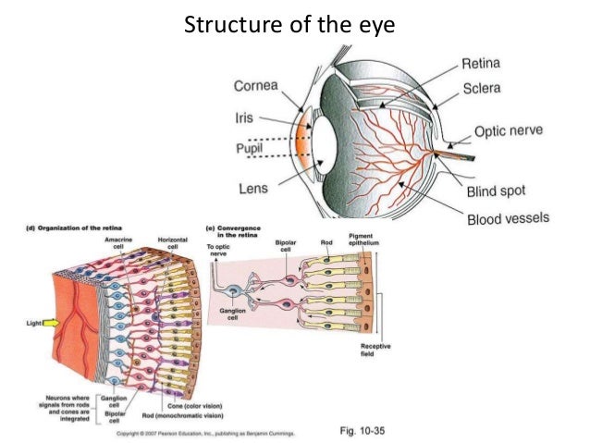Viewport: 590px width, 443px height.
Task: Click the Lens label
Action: (x=252, y=188)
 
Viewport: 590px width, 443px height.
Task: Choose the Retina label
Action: (x=481, y=65)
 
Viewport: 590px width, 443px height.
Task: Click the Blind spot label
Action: (x=496, y=190)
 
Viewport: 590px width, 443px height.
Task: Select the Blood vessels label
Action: (x=508, y=219)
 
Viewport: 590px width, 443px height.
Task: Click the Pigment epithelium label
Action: (x=362, y=240)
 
